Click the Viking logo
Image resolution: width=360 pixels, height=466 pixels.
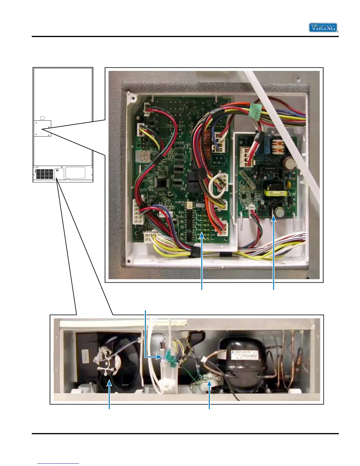323,28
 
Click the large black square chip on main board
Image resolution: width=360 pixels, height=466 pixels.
162,183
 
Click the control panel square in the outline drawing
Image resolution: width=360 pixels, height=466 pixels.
42,128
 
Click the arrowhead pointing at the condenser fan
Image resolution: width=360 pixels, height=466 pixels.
110,382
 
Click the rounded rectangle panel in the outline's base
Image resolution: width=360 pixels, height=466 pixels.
75,172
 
